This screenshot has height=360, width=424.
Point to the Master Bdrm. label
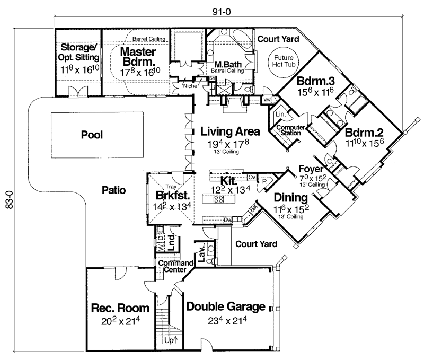(x=137, y=57)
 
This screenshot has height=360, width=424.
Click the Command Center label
(x=171, y=267)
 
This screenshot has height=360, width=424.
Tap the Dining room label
(x=290, y=198)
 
